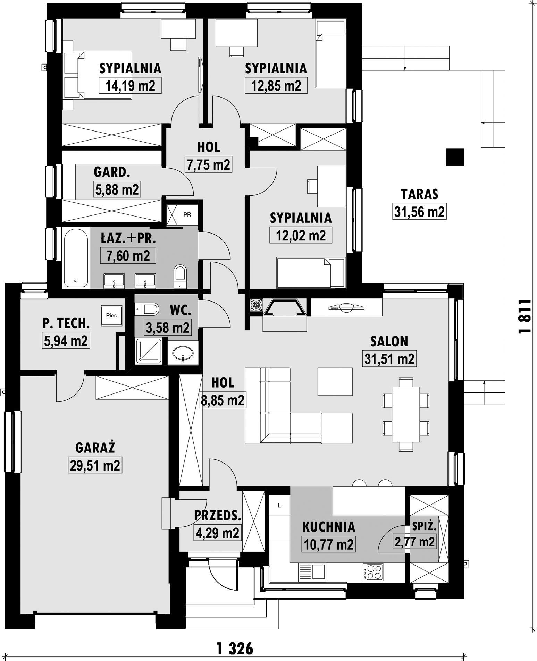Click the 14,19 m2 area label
coord(130,85)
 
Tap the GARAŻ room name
coord(95,448)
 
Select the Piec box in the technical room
coord(111,315)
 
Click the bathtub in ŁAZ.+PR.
coord(76,257)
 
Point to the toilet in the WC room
coord(147,308)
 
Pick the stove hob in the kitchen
coord(373,572)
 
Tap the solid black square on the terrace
coord(455,157)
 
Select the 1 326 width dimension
coord(235,648)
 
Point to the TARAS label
coord(419,194)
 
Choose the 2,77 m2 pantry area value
coord(414,542)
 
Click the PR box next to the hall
coord(187,214)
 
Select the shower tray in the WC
coord(149,351)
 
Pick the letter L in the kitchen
coord(279,506)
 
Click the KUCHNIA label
coord(329,527)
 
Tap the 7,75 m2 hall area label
coord(209,164)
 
